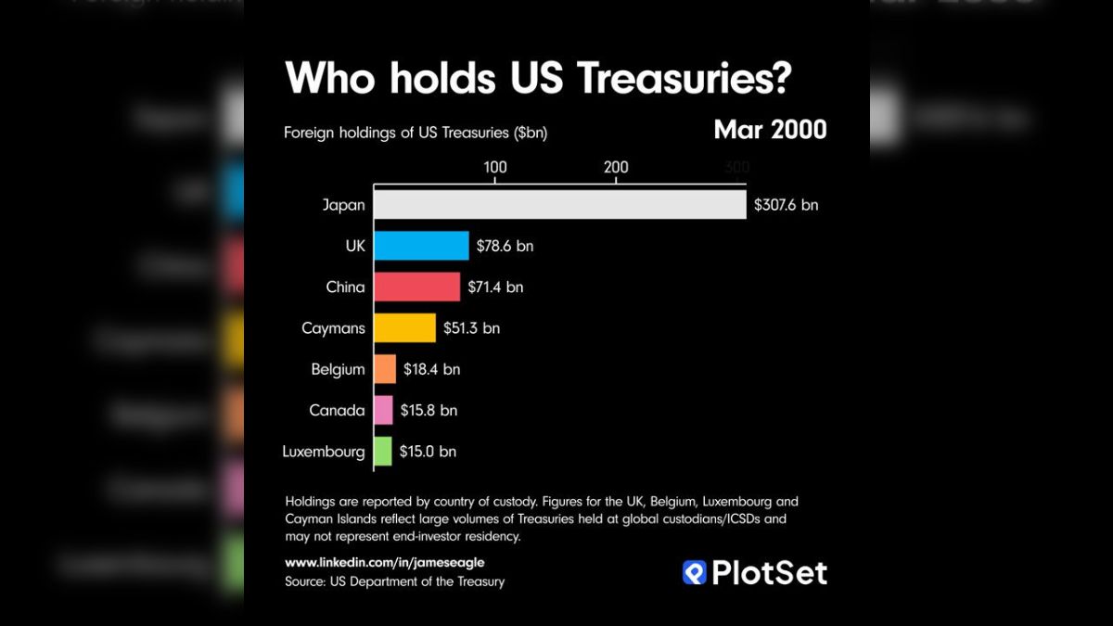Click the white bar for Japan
click(x=559, y=205)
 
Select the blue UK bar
click(x=421, y=246)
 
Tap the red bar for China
click(x=416, y=287)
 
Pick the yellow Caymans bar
click(x=404, y=327)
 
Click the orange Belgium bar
click(x=385, y=369)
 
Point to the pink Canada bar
click(x=383, y=410)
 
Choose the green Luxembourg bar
click(x=383, y=452)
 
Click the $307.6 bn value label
click(x=786, y=205)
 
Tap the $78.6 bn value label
click(x=505, y=246)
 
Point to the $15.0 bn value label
click(x=428, y=452)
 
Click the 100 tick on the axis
click(x=495, y=167)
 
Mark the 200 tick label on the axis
click(x=616, y=167)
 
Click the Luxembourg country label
click(x=324, y=452)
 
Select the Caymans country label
click(x=334, y=328)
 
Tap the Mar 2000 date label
click(x=770, y=130)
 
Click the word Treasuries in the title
click(x=684, y=78)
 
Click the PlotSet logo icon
click(x=694, y=572)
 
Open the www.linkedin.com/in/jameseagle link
click(x=385, y=562)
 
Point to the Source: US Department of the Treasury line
click(x=395, y=581)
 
